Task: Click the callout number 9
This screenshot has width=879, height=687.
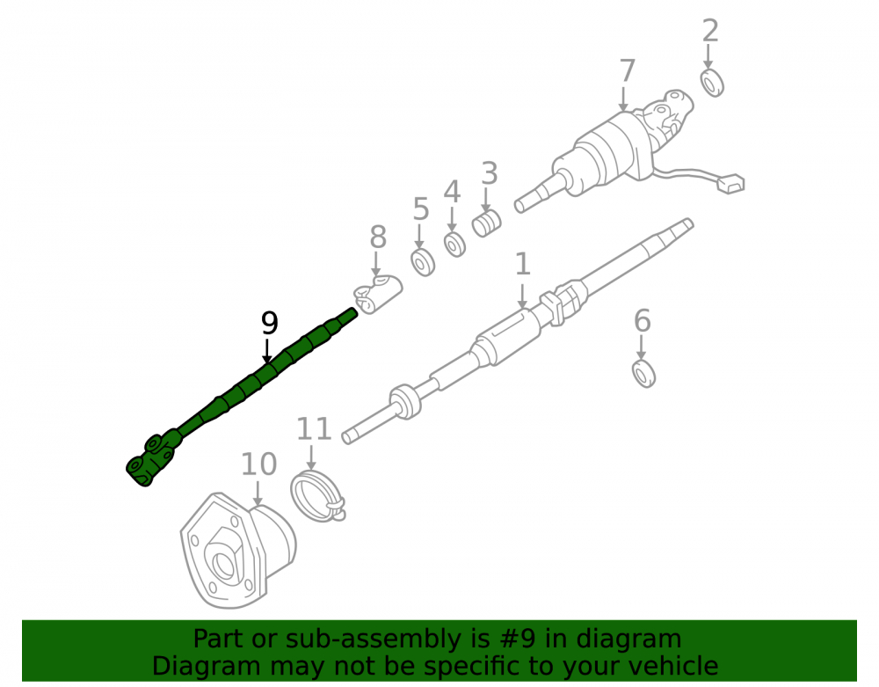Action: [270, 323]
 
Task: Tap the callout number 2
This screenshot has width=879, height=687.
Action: [710, 30]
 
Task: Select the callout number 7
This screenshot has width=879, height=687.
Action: [628, 71]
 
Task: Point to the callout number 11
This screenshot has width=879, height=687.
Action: [314, 429]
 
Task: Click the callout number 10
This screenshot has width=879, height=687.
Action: [259, 464]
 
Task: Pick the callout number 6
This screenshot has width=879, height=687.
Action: [642, 321]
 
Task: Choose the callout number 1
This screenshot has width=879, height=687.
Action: [522, 264]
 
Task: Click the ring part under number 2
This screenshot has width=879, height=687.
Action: [713, 83]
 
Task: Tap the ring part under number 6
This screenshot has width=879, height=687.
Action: [643, 374]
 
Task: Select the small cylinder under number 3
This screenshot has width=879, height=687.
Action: [486, 223]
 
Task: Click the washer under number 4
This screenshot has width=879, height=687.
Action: [454, 245]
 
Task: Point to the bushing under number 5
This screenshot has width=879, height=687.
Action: [423, 262]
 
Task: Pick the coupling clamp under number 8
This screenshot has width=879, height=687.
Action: [377, 294]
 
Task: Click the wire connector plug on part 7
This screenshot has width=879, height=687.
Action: [730, 184]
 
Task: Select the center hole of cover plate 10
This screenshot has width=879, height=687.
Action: [224, 566]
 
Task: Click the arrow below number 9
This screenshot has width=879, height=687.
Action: [267, 351]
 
